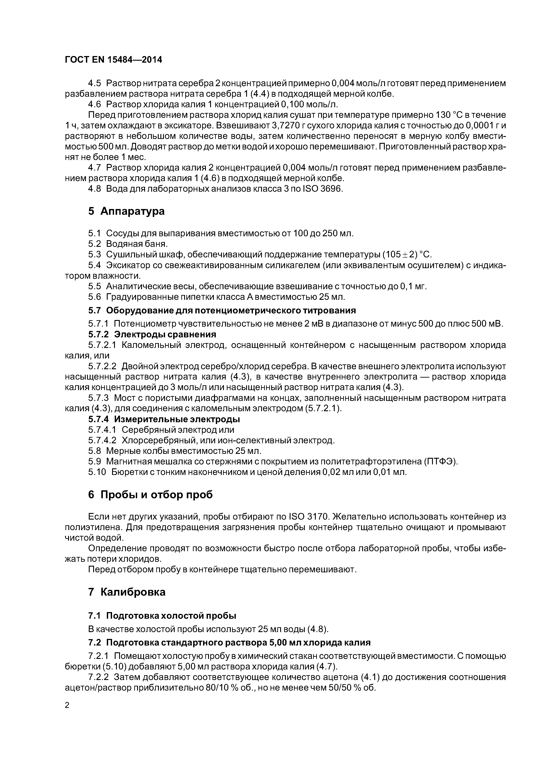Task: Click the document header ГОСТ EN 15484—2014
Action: tap(113, 60)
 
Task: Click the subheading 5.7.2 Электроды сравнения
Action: tap(152, 335)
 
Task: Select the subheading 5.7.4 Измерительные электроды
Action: tap(164, 419)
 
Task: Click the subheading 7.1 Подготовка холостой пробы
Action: tap(162, 616)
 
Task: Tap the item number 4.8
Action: tap(94, 189)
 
